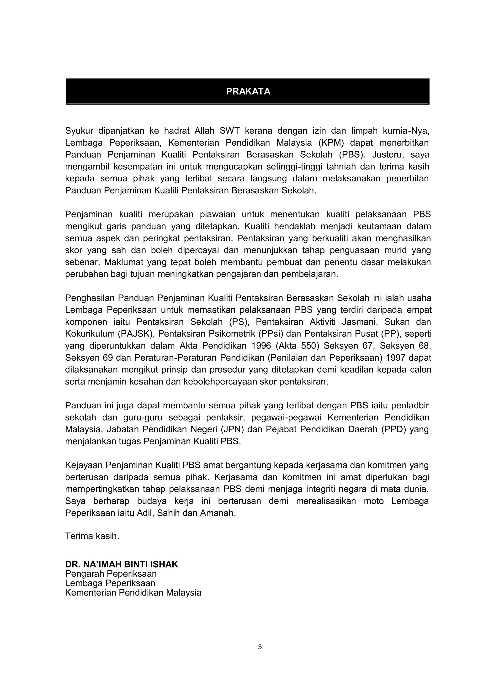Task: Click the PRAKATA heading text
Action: pyautogui.click(x=248, y=91)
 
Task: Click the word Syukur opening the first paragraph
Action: pyautogui.click(x=80, y=131)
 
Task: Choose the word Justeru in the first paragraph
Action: pyautogui.click(x=386, y=154)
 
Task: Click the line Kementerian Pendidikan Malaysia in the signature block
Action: pyautogui.click(x=133, y=593)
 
